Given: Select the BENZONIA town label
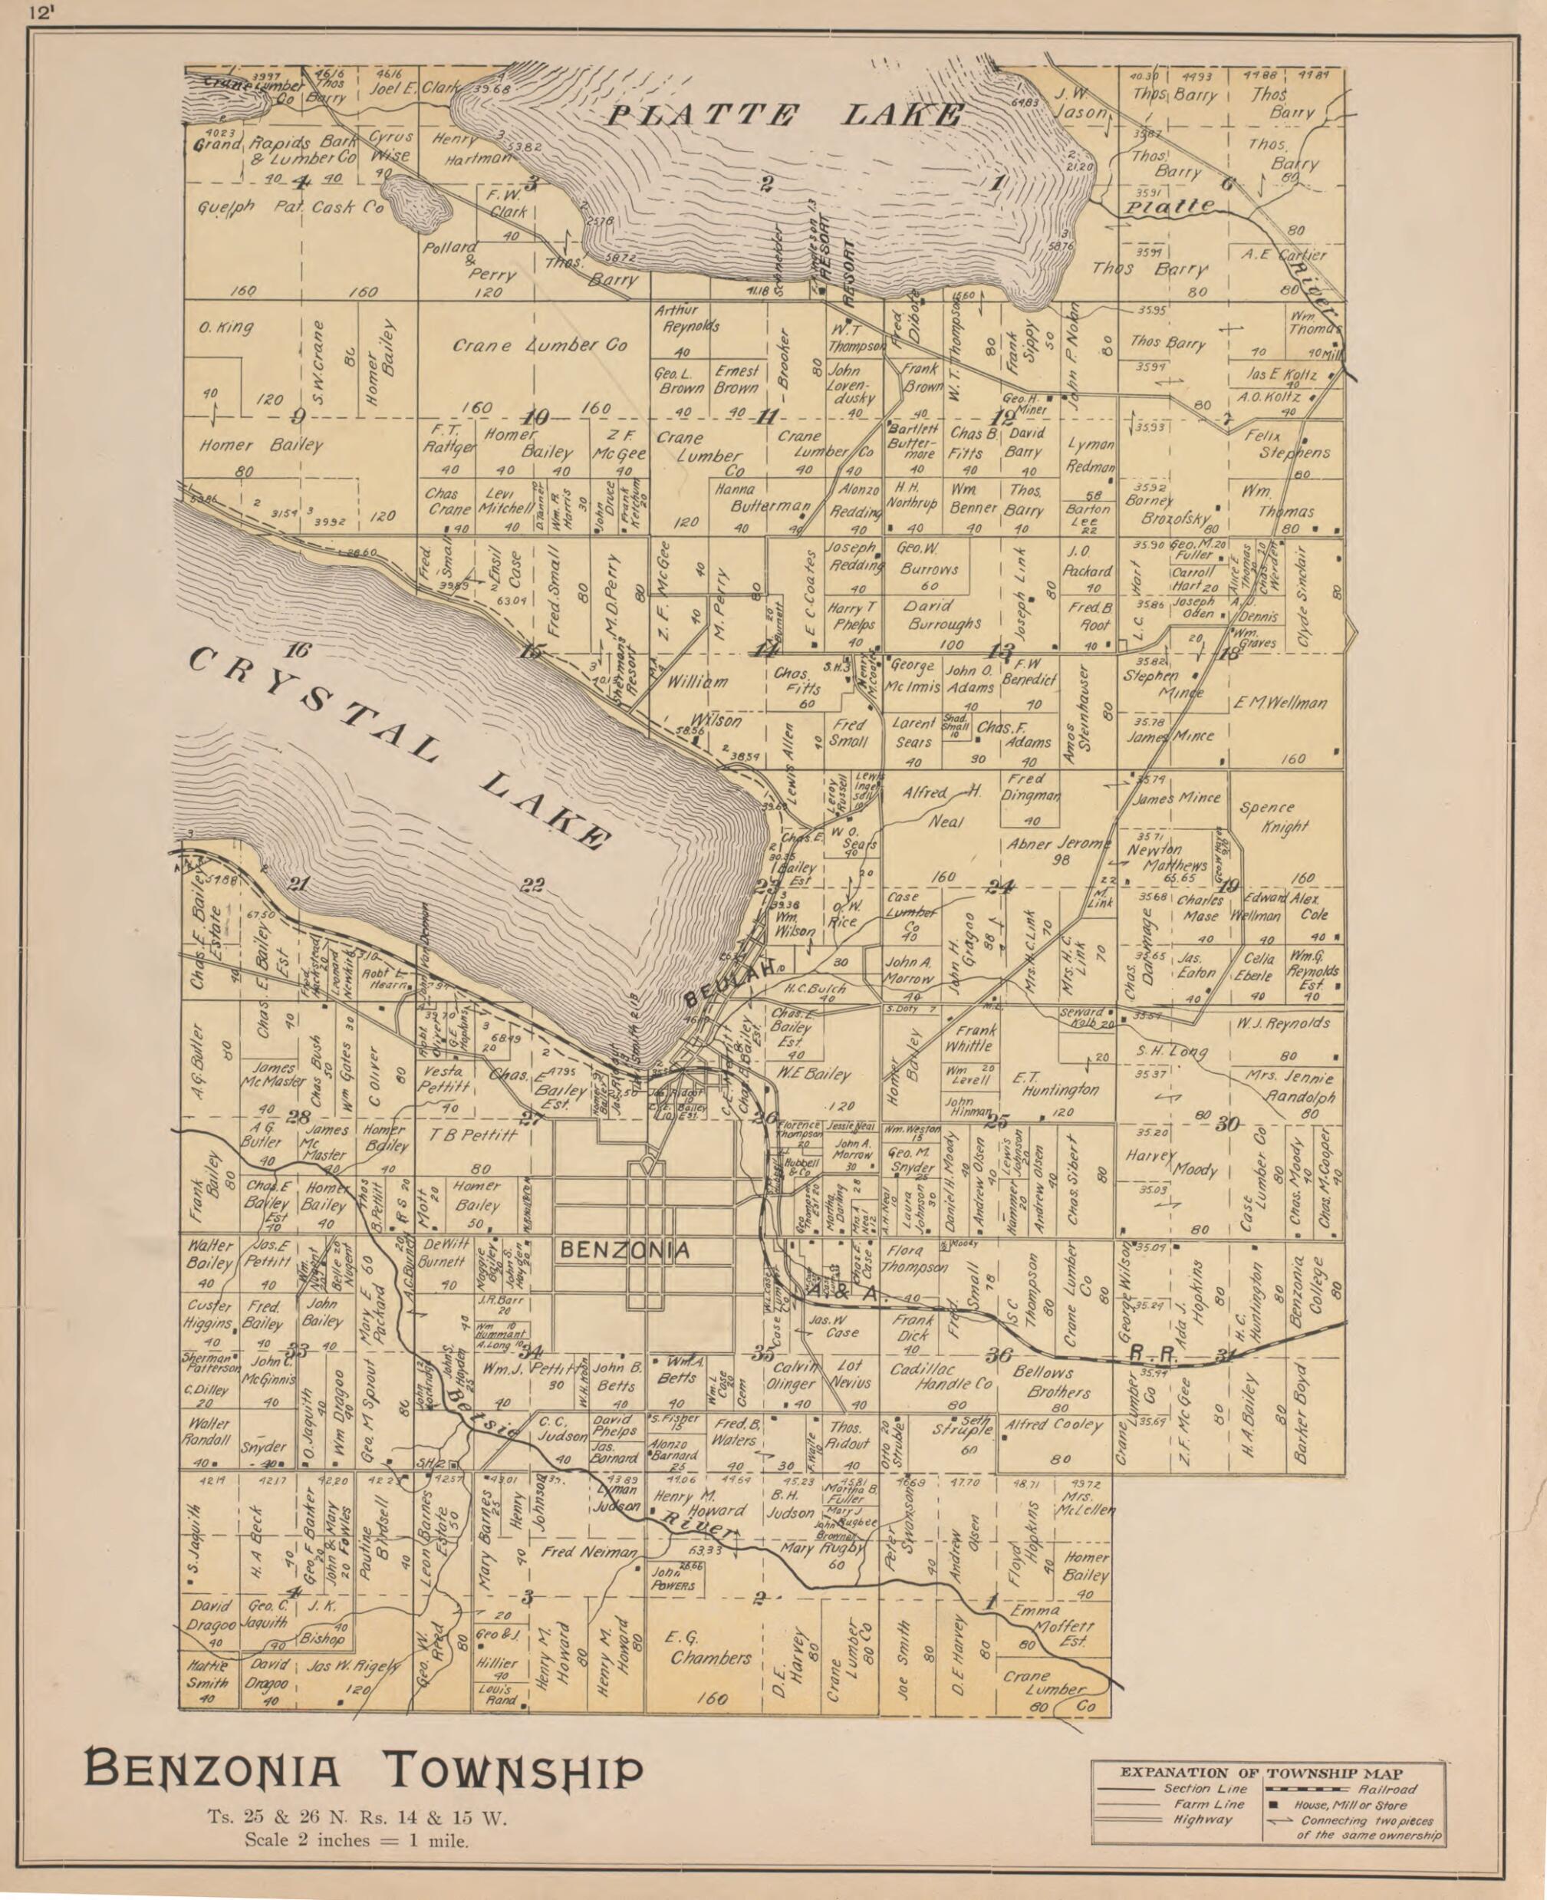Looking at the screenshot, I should pos(624,1250).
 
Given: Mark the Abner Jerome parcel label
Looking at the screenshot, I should pos(1059,851).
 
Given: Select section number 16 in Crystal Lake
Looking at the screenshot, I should pos(298,650).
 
